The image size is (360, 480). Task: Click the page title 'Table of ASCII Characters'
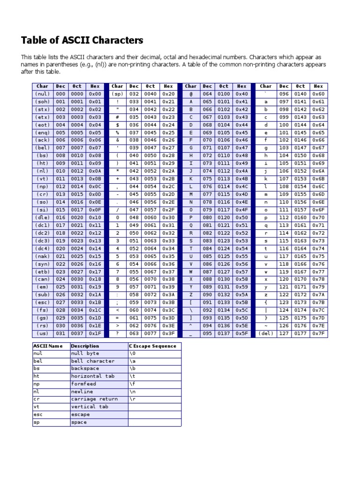(82, 40)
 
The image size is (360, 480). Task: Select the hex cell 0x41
(241, 102)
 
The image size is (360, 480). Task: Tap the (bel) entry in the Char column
(42, 148)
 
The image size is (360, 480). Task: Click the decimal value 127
(284, 334)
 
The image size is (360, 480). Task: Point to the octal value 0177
(300, 334)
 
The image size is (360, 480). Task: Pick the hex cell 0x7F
(318, 334)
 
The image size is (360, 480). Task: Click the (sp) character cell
(117, 94)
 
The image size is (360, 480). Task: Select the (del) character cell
(266, 334)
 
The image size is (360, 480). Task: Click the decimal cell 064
(207, 94)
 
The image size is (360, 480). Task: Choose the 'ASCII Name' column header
(47, 346)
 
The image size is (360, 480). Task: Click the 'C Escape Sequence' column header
(153, 346)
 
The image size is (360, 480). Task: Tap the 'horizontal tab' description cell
(93, 376)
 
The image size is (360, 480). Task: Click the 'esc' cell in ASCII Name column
(37, 415)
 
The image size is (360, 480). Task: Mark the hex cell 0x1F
(95, 334)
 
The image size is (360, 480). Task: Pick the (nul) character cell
(42, 94)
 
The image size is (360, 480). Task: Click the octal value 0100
(224, 94)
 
